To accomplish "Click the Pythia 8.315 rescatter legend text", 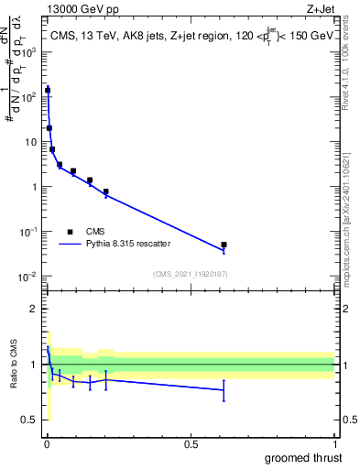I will (x=137, y=245).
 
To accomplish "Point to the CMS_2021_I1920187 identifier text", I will (x=190, y=274).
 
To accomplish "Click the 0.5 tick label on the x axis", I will (x=191, y=444).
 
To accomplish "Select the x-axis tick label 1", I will (x=334, y=444).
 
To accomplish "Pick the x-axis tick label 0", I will (x=47, y=444).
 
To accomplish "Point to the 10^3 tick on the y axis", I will (x=32, y=52).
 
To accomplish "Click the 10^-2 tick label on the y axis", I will (x=31, y=277).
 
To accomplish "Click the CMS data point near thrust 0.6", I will (x=224, y=245).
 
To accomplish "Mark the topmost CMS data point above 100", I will (x=48, y=90).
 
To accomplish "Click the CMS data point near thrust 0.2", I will (x=106, y=191).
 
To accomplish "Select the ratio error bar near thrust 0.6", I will (x=224, y=390).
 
